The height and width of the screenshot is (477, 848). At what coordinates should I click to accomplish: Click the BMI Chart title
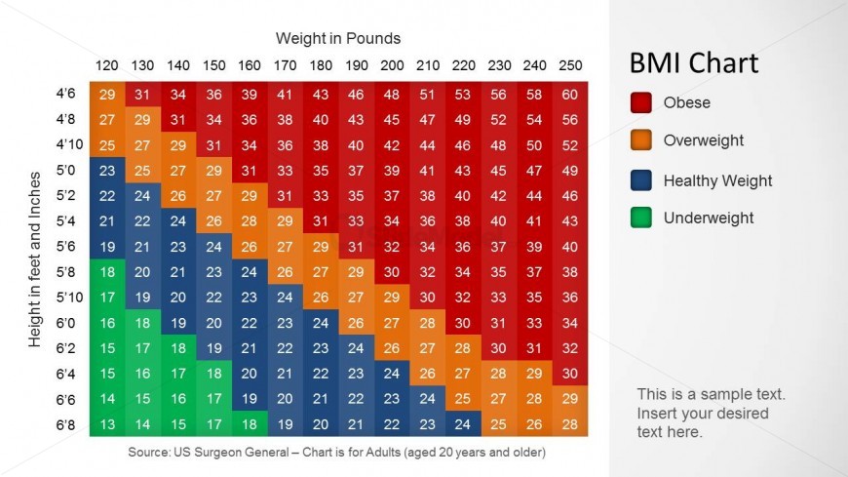pyautogui.click(x=694, y=64)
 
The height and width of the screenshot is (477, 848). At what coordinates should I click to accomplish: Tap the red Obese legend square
pyautogui.click(x=640, y=102)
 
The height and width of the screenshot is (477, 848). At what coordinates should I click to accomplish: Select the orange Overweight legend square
pyautogui.click(x=640, y=140)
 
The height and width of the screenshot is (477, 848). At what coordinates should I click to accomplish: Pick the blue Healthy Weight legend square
pyautogui.click(x=640, y=180)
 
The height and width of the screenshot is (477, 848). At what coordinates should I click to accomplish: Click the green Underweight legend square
pyautogui.click(x=640, y=219)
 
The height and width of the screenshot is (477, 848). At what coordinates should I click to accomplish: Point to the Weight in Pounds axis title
pyautogui.click(x=338, y=38)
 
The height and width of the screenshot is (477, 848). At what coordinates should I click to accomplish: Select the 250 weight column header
pyautogui.click(x=570, y=65)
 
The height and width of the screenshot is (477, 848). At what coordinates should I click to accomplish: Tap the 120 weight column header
pyautogui.click(x=107, y=65)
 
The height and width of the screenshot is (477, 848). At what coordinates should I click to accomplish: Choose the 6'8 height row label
pyautogui.click(x=66, y=423)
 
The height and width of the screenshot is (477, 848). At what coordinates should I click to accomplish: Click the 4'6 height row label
pyautogui.click(x=66, y=95)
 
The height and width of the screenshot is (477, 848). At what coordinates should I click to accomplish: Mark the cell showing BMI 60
pyautogui.click(x=570, y=95)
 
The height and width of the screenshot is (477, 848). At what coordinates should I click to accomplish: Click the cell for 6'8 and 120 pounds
pyautogui.click(x=107, y=423)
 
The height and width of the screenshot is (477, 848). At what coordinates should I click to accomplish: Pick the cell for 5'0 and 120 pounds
pyautogui.click(x=107, y=171)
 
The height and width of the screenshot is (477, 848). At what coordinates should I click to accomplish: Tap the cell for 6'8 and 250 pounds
pyautogui.click(x=570, y=423)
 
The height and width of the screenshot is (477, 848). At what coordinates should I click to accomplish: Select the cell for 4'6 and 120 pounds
pyautogui.click(x=107, y=95)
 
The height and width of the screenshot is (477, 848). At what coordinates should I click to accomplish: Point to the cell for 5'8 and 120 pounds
pyautogui.click(x=107, y=272)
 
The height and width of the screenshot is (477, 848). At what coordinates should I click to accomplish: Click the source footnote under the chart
pyautogui.click(x=336, y=453)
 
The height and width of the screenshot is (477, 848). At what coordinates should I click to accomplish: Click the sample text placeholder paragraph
pyautogui.click(x=711, y=413)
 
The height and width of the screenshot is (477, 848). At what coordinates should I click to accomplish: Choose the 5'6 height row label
pyautogui.click(x=66, y=247)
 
